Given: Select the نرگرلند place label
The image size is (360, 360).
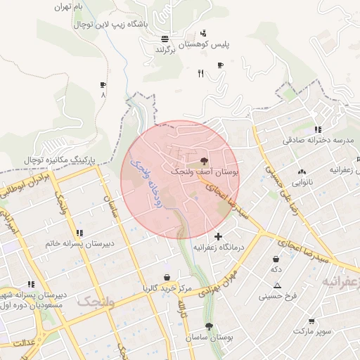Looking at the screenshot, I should pyautogui.click(x=169, y=51).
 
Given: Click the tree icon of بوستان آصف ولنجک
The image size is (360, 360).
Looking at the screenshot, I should pyautogui.click(x=205, y=161).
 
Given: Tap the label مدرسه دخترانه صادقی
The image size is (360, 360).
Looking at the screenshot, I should pyautogui.click(x=317, y=141).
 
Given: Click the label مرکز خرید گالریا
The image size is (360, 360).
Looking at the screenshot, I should pyautogui.click(x=167, y=288).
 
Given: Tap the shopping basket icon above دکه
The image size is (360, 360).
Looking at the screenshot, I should pyautogui.click(x=276, y=259).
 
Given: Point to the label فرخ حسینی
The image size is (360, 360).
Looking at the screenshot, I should pyautogui.click(x=278, y=296).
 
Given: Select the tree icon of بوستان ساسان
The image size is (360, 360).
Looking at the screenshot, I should pyautogui.click(x=209, y=326).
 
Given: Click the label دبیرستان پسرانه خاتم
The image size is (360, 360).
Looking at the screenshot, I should pyautogui.click(x=79, y=244).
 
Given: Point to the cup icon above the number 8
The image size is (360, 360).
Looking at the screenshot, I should pyautogui.click(x=103, y=85).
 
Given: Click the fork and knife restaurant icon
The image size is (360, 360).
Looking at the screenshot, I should pyautogui.click(x=201, y=73).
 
